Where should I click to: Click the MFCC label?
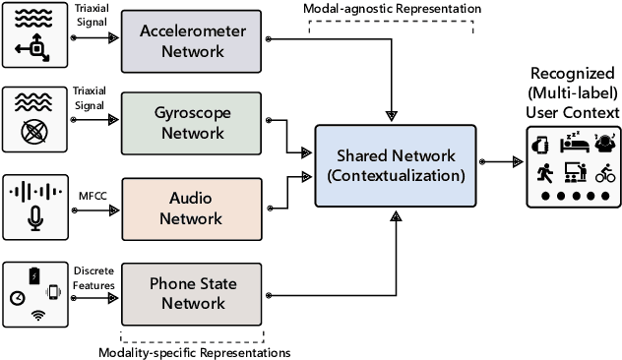(92, 193)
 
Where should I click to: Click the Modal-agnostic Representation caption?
(396, 9)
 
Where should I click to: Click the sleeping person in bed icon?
(574, 144)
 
